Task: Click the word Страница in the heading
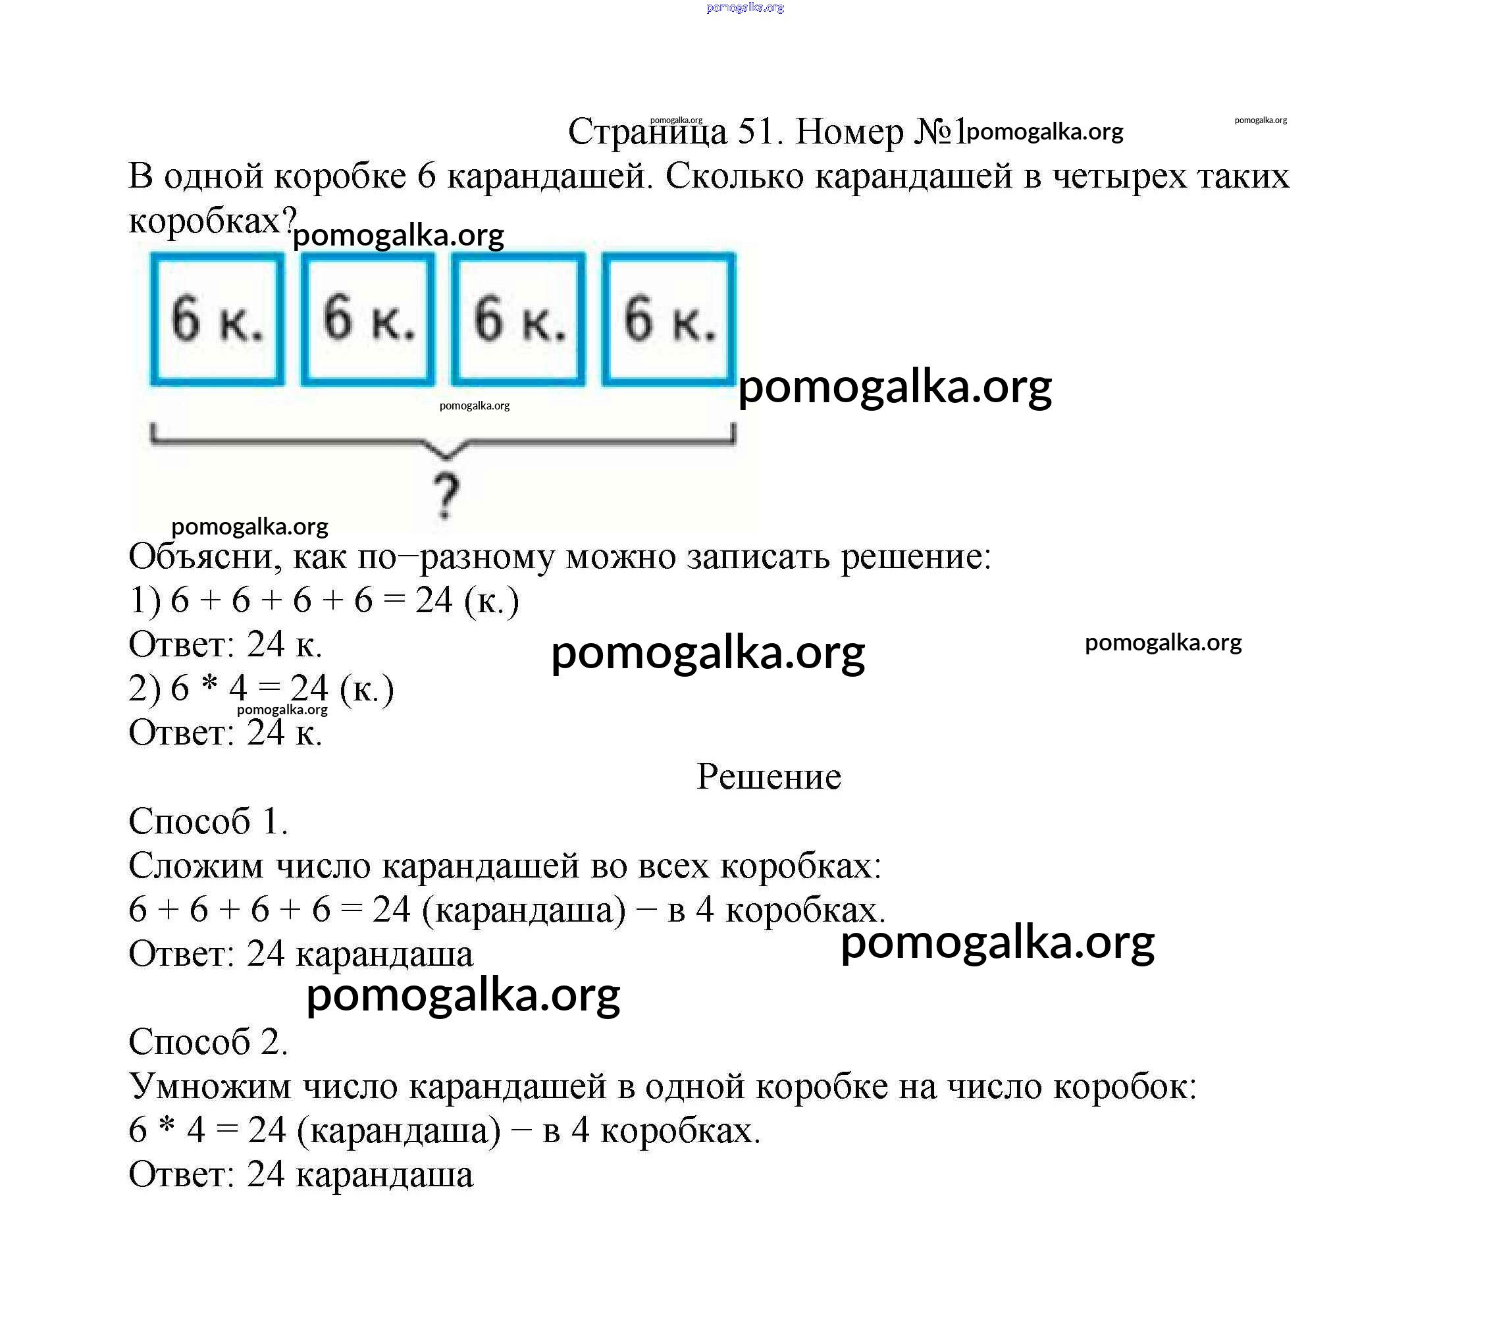(647, 132)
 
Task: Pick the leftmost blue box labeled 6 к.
(217, 319)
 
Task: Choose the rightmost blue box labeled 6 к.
(669, 319)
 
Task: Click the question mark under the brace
(445, 494)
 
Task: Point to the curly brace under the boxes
(443, 440)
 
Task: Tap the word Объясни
(205, 558)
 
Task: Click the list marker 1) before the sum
(145, 601)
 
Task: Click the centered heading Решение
(769, 777)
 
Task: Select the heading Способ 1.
(208, 821)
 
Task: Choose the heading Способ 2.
(208, 1041)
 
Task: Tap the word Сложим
(196, 866)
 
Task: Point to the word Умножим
(210, 1087)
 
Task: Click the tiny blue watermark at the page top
(745, 8)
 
